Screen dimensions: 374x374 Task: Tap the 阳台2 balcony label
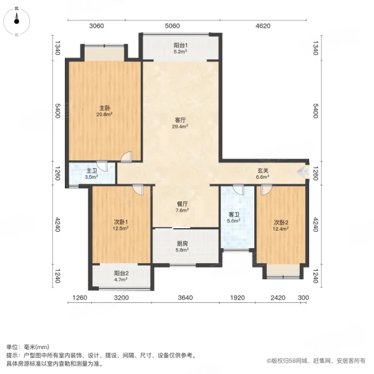tap(121, 276)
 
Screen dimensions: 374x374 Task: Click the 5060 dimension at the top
tap(172, 26)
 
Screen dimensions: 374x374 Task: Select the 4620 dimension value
tap(262, 26)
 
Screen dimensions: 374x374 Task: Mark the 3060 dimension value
tap(96, 26)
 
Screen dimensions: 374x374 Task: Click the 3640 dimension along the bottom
tap(185, 298)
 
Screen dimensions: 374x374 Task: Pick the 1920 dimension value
tap(237, 298)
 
